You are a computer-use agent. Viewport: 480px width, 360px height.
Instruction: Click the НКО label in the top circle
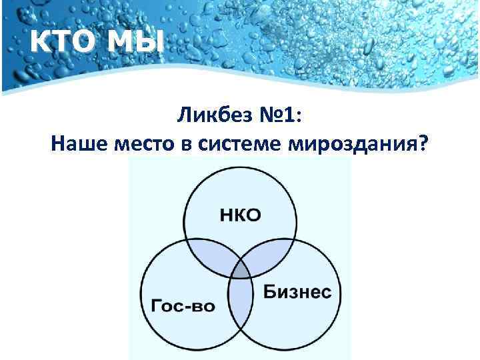click(240, 214)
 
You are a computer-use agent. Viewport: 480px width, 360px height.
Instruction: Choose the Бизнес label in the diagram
click(297, 292)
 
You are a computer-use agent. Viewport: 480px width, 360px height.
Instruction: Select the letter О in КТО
click(83, 44)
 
